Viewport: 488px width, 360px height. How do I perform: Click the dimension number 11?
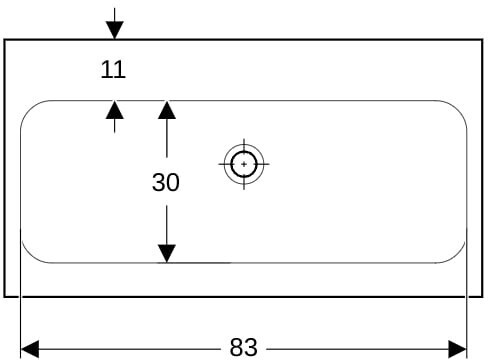113,69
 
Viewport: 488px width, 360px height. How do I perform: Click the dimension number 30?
166,182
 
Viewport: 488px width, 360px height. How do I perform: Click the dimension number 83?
244,347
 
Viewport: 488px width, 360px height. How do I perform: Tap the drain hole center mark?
244,164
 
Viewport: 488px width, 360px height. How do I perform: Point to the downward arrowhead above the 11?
115,30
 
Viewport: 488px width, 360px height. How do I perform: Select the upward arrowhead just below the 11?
115,109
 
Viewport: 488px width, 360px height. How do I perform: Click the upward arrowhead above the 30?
167,110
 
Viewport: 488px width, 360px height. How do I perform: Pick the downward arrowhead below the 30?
167,254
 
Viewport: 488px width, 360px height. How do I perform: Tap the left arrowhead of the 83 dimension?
30,349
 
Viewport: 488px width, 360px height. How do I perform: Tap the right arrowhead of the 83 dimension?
457,349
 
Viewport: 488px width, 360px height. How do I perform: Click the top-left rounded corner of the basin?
29,109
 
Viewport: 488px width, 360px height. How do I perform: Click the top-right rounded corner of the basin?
458,109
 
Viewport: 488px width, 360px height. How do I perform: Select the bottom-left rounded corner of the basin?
30,255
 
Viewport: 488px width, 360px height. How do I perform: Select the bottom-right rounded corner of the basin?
457,255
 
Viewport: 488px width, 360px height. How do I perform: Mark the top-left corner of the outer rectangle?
5,40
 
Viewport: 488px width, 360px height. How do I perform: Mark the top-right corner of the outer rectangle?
482,40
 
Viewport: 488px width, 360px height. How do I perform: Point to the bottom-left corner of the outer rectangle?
5,296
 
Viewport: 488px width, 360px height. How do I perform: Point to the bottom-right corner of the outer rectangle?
482,296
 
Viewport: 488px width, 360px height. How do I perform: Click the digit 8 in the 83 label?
237,347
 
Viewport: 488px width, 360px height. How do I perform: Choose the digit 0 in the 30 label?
173,182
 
